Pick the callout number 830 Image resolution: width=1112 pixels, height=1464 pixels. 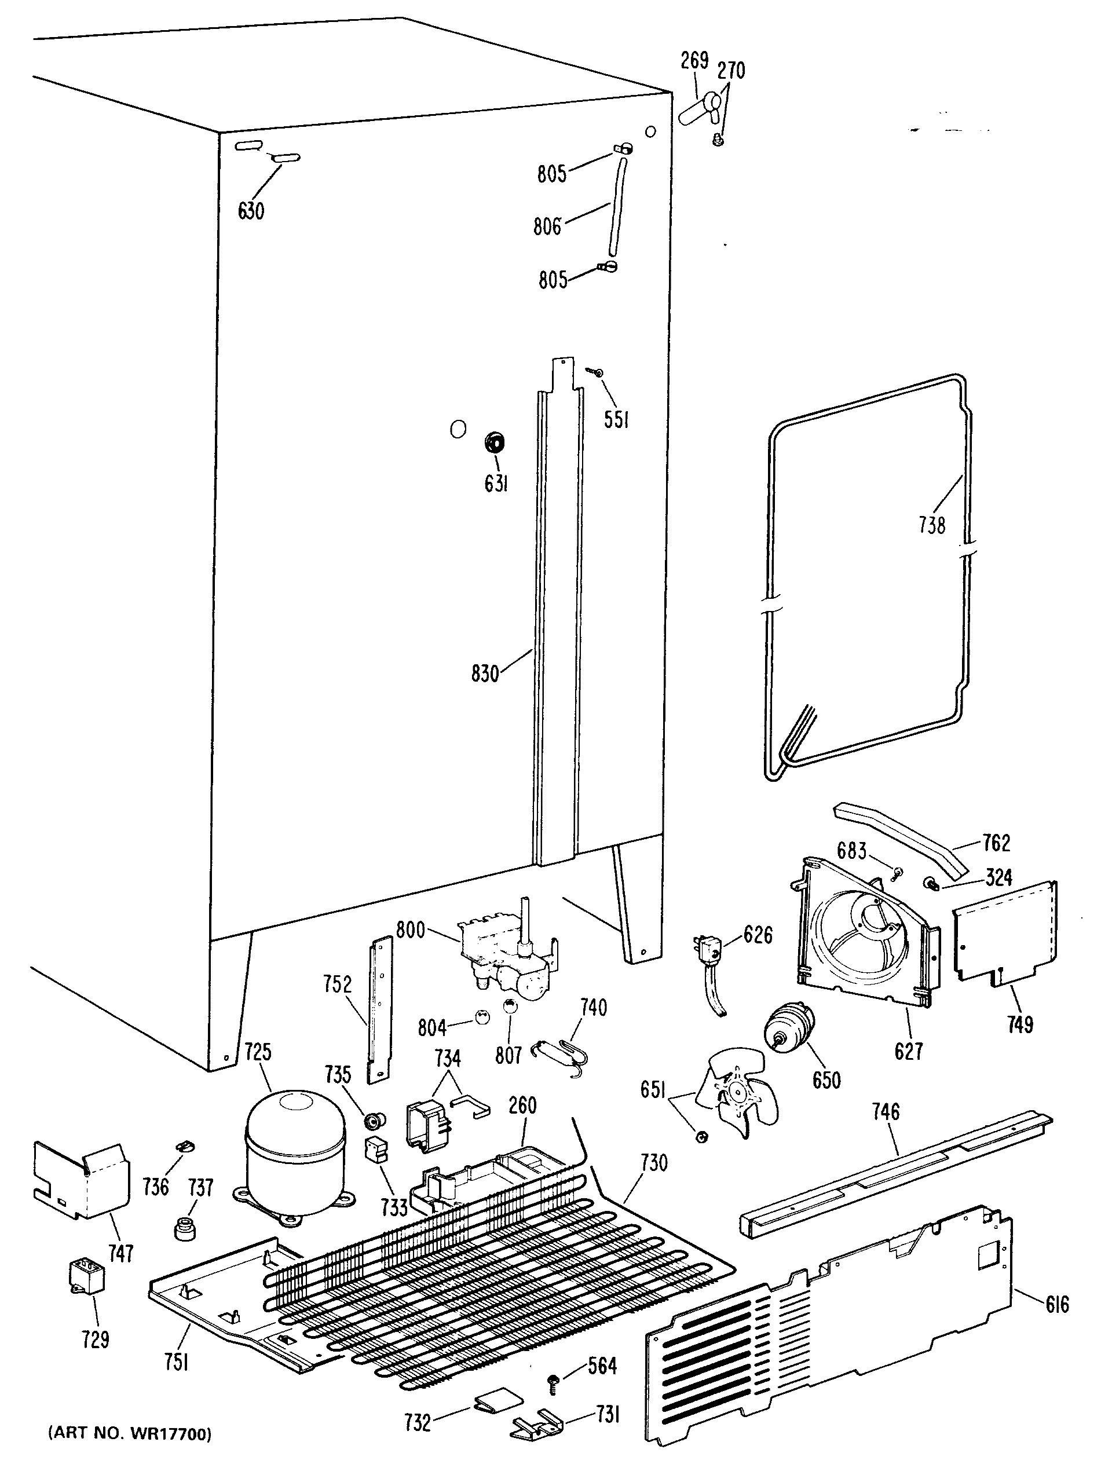tap(485, 675)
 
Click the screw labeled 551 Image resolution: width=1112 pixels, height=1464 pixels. tap(598, 374)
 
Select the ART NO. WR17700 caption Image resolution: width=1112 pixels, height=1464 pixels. tap(130, 1433)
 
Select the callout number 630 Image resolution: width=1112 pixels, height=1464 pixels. tap(251, 211)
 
